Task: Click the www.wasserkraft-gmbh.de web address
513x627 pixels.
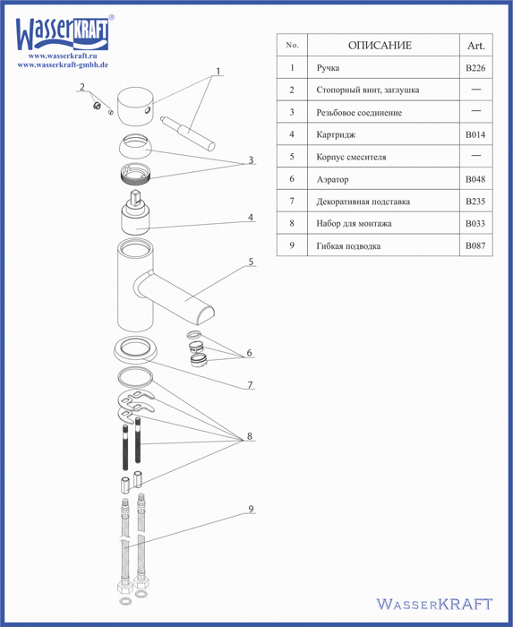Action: click(63, 64)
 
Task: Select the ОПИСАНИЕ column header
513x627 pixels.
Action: click(380, 45)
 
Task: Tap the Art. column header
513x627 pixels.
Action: click(475, 46)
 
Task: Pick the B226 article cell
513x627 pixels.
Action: click(475, 68)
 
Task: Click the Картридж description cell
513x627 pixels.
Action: click(336, 134)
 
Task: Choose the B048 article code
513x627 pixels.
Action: click(475, 179)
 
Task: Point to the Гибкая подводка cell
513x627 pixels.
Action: click(348, 246)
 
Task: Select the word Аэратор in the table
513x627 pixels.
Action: click(332, 179)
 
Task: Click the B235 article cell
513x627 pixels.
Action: click(475, 202)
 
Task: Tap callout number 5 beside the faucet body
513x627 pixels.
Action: click(251, 262)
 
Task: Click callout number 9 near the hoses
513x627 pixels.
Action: click(251, 509)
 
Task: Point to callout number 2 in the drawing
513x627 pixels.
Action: click(82, 87)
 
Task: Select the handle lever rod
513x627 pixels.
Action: click(187, 134)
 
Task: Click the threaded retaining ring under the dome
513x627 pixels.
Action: click(135, 174)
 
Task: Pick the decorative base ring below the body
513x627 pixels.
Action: click(135, 348)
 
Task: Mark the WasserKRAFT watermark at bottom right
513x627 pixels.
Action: click(434, 604)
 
